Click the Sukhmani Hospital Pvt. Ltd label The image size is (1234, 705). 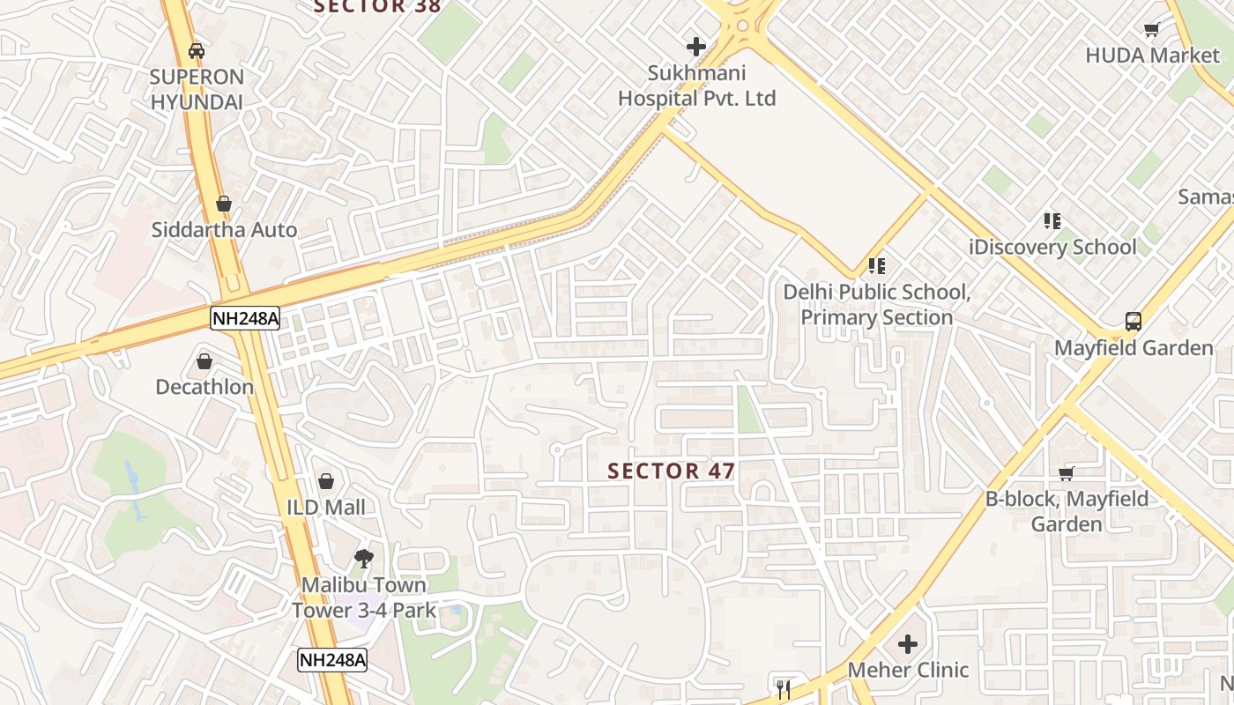coord(696,85)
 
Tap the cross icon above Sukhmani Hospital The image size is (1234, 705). coord(696,46)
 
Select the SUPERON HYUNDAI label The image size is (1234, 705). coord(197,89)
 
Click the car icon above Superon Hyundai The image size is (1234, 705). coord(197,50)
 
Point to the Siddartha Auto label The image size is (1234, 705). coord(224,230)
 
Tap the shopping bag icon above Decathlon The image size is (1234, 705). coord(204,361)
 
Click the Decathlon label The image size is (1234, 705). coord(204,387)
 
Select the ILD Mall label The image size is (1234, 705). coord(326,508)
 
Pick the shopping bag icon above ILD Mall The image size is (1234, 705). coord(326,481)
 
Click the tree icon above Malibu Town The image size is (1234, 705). coord(363,558)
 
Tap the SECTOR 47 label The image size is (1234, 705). coord(672,471)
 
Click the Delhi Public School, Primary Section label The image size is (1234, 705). coord(877,304)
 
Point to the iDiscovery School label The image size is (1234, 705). coord(1052,247)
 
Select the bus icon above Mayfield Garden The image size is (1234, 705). coord(1134,322)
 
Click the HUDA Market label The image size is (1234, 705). coord(1152,56)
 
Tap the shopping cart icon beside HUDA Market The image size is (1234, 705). coord(1151,30)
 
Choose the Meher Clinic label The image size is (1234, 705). coord(908,670)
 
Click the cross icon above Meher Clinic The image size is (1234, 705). coord(908,644)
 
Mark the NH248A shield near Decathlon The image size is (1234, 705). coord(245,318)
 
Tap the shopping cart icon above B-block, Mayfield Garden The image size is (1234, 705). coord(1067,473)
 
